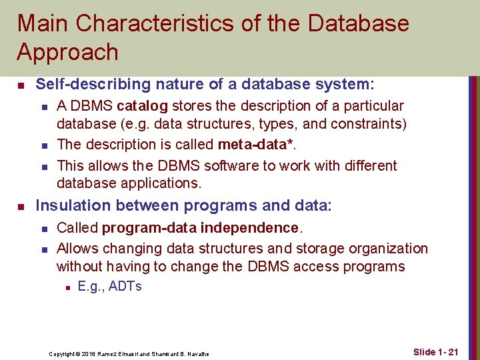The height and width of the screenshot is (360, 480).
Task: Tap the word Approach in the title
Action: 67,52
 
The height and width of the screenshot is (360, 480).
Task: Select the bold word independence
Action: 250,228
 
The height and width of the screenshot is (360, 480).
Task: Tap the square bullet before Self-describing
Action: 21,85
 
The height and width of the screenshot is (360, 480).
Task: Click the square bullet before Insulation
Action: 21,207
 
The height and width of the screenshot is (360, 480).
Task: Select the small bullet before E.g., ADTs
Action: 67,287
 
